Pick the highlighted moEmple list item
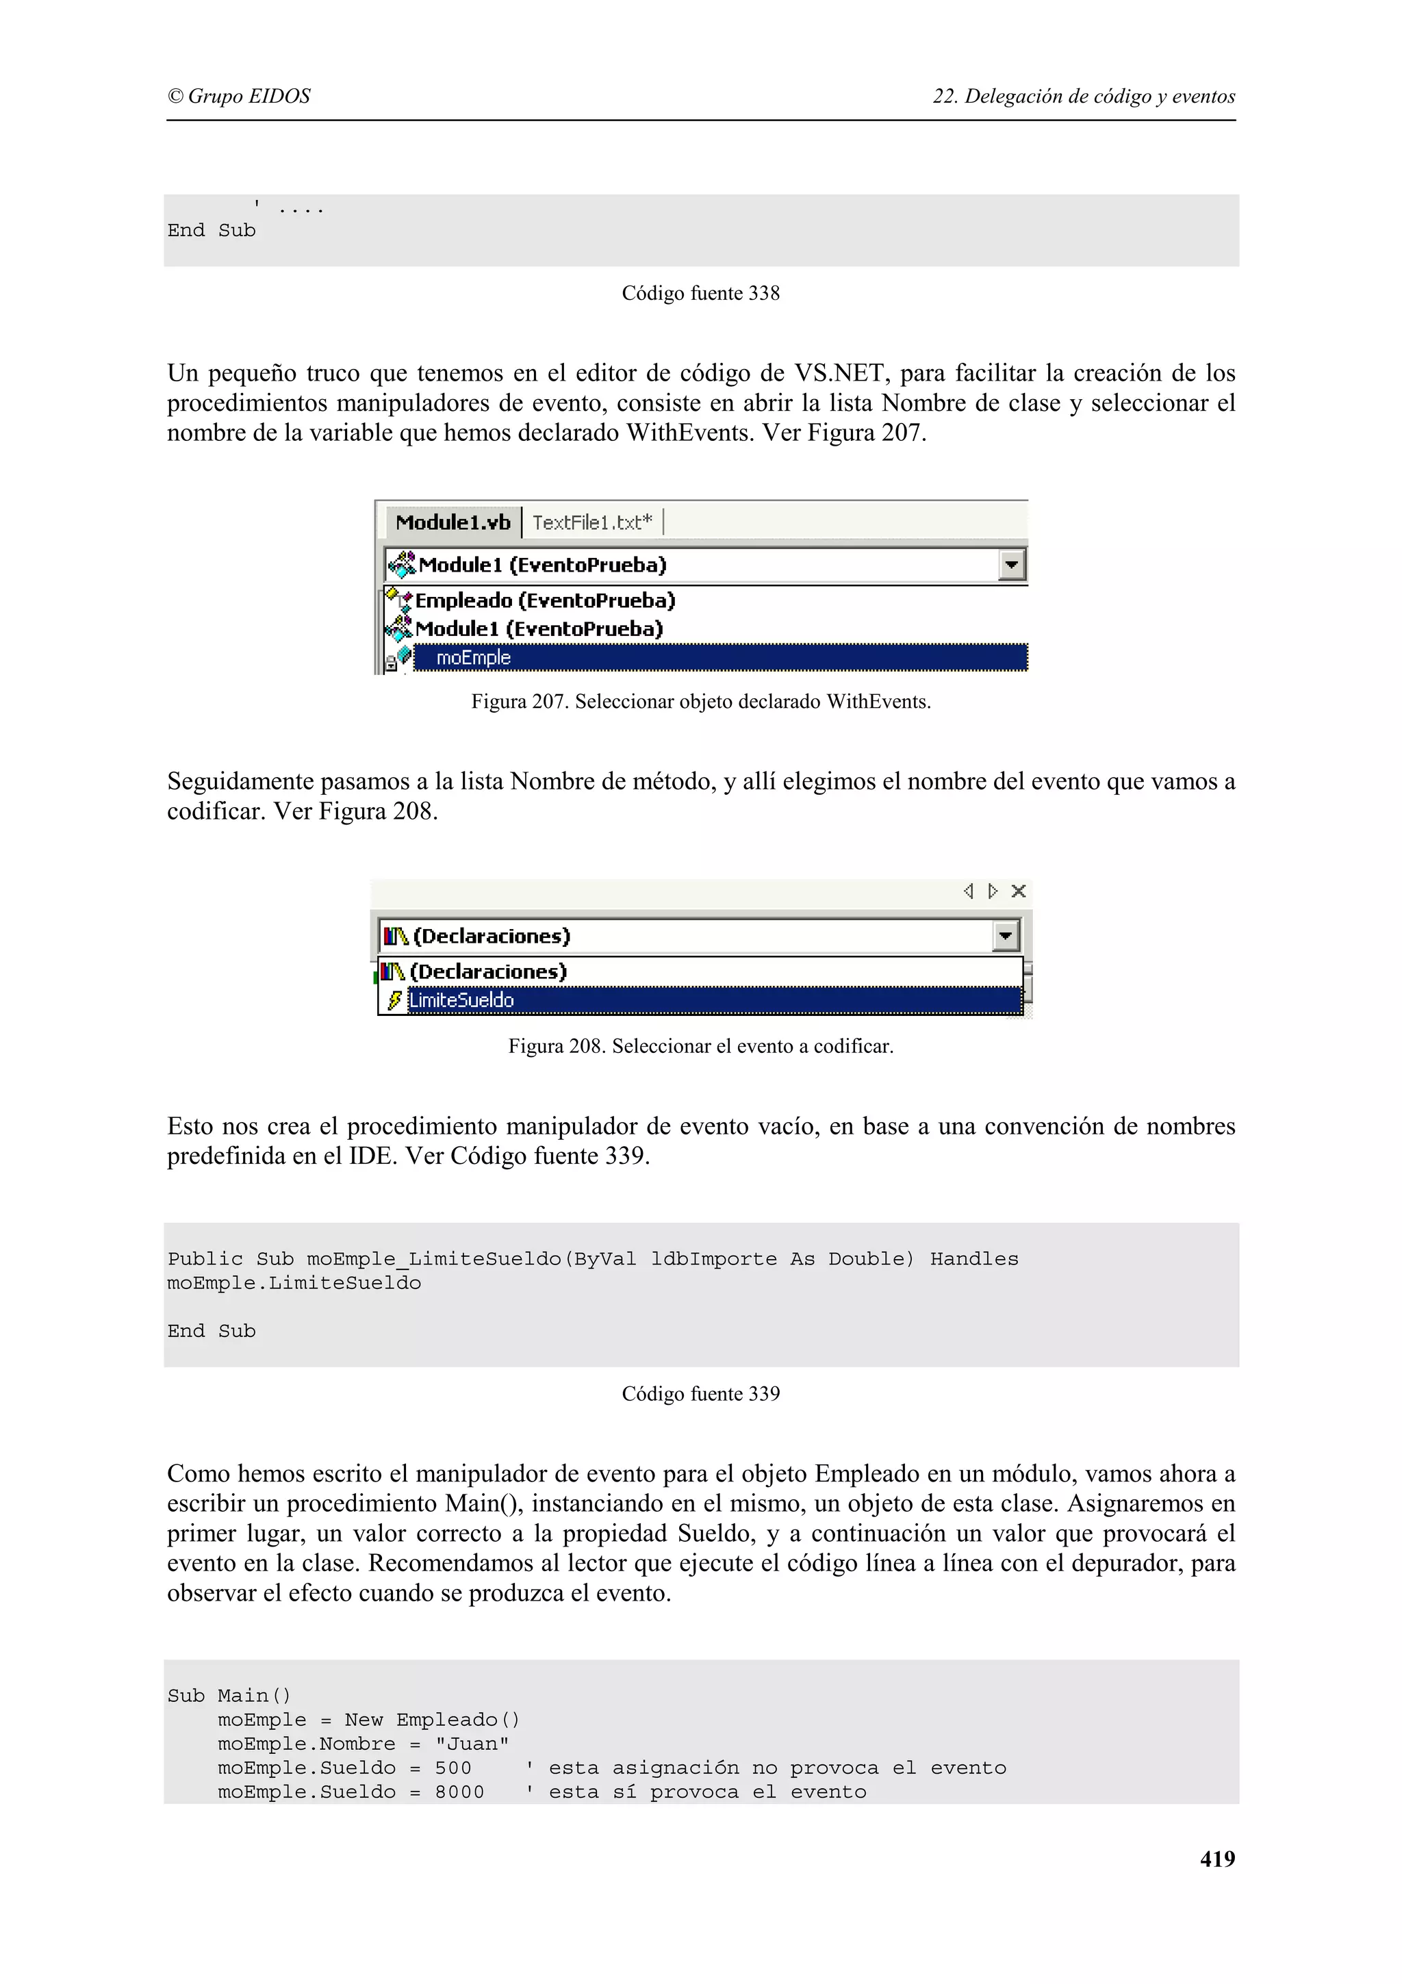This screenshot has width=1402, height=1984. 473,658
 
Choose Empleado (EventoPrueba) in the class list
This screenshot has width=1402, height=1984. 544,600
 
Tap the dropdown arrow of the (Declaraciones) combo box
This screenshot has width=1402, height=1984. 1006,936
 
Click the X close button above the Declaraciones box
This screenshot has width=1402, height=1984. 1019,891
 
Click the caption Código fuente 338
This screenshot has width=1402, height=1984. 700,293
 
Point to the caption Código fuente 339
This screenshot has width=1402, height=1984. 700,1393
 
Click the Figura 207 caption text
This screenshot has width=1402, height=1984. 700,701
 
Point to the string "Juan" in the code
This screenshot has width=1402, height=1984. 472,1743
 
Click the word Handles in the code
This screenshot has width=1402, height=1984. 973,1258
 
